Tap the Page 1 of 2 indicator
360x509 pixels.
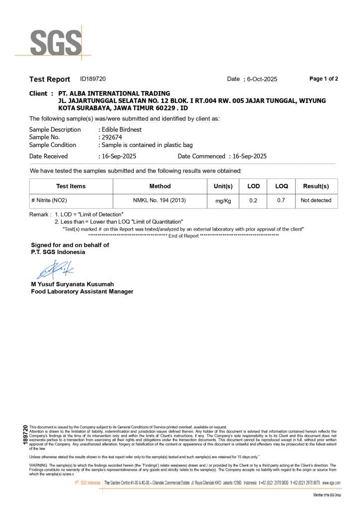pyautogui.click(x=324, y=79)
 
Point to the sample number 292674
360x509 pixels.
pyautogui.click(x=112, y=137)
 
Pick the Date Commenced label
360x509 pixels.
pyautogui.click(x=201, y=156)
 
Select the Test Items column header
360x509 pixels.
pyautogui.click(x=71, y=186)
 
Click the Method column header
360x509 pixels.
pyautogui.click(x=160, y=186)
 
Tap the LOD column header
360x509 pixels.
pyautogui.click(x=254, y=186)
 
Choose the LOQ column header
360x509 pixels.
pyautogui.click(x=281, y=186)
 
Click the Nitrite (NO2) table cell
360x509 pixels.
pyautogui.click(x=49, y=201)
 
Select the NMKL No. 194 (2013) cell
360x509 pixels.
pyautogui.click(x=160, y=201)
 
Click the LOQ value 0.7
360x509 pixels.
pyautogui.click(x=281, y=201)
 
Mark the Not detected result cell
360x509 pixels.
pyautogui.click(x=316, y=201)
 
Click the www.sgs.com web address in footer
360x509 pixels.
pyautogui.click(x=331, y=483)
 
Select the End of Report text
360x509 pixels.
pyautogui.click(x=183, y=236)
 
